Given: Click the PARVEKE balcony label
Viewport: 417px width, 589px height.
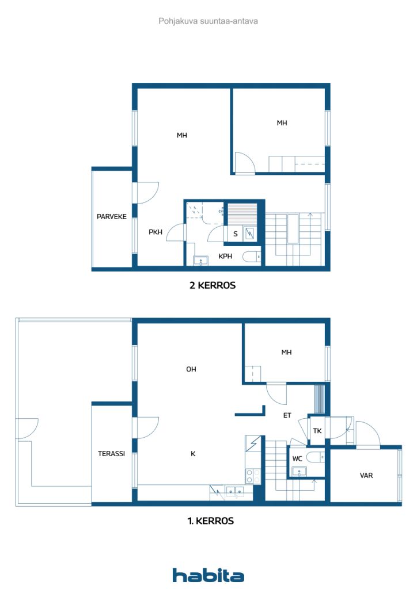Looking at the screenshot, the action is point(112,216).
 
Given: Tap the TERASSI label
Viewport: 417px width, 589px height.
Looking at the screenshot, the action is point(111,453).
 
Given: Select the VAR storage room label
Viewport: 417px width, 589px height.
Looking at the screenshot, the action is point(366,475).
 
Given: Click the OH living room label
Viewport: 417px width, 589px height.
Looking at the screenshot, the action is point(191,369).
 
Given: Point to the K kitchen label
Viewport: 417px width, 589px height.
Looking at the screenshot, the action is point(193,453).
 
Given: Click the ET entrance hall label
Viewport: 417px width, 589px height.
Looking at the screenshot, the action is point(287,415).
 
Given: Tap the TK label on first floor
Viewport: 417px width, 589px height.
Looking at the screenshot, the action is point(317,430).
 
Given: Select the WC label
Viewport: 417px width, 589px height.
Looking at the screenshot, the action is point(297,458).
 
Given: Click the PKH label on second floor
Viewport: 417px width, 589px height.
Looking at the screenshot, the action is point(156,232).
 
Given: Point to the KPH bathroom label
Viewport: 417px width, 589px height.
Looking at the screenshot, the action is point(225,256).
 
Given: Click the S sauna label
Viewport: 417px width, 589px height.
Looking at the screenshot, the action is point(236,234).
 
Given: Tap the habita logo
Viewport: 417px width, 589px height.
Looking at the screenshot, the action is point(208,575).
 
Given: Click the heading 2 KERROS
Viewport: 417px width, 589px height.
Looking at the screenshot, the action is point(213,285).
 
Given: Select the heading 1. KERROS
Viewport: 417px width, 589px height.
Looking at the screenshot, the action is point(211,521).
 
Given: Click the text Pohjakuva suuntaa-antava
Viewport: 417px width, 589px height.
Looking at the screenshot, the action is point(208,21).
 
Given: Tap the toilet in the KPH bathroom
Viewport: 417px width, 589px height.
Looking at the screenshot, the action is point(252,257).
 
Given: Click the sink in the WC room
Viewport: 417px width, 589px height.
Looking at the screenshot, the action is point(299,472).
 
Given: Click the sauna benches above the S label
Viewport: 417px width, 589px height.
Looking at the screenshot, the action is point(242,215).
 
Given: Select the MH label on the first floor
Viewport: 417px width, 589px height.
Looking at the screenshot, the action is point(286,352).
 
